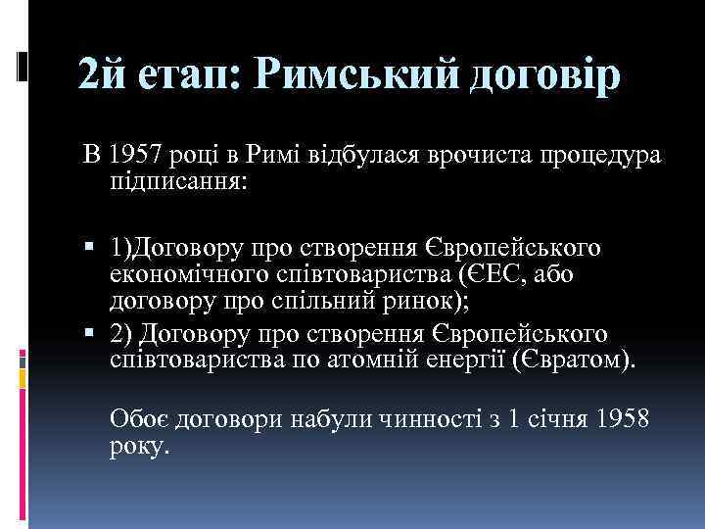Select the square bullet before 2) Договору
click(x=89, y=335)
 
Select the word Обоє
click(x=141, y=420)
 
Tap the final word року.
click(x=140, y=447)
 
